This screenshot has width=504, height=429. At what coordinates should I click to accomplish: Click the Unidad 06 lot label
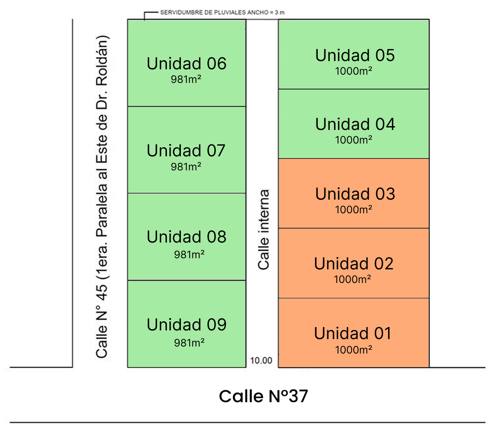tap(187, 64)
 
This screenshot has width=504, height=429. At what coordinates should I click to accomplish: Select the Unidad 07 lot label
tap(186, 151)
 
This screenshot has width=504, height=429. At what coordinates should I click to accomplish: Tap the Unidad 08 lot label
tap(187, 237)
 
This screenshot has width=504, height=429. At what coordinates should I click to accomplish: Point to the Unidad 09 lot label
tap(187, 325)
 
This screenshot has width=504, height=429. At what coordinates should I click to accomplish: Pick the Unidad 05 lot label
tap(355, 55)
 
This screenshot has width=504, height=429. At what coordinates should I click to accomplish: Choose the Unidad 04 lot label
tap(355, 124)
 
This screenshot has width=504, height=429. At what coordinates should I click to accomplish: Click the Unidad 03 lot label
tap(355, 194)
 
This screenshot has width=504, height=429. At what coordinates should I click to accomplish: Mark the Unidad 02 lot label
tap(354, 264)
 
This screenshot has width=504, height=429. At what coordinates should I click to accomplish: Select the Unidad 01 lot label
tap(353, 333)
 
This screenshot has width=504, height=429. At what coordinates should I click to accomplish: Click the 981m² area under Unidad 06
tap(186, 79)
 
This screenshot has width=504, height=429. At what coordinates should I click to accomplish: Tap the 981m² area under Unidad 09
tap(189, 343)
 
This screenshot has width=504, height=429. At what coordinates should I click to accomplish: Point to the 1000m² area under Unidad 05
tap(354, 71)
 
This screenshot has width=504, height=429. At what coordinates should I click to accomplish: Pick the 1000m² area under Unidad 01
tap(354, 350)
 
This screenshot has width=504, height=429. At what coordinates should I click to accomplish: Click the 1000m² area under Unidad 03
tap(354, 210)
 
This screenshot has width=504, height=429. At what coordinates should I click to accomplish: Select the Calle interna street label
tap(264, 230)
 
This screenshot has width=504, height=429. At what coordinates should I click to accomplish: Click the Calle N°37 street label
tap(264, 396)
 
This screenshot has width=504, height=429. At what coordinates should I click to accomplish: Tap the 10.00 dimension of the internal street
tap(261, 361)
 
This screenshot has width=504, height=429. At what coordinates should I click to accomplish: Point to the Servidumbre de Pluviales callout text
tap(223, 12)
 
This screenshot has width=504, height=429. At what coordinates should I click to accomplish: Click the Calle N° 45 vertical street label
tap(102, 197)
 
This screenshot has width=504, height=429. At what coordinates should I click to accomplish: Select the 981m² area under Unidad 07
tap(186, 167)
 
